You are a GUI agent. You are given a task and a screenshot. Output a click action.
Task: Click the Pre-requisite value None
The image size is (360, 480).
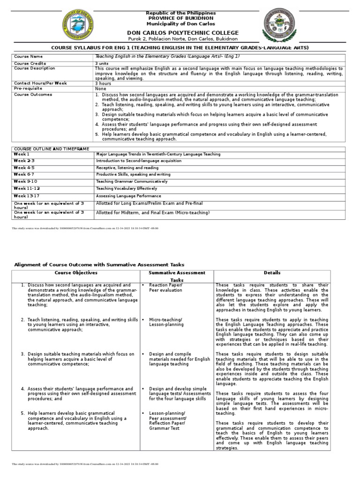click(100, 88)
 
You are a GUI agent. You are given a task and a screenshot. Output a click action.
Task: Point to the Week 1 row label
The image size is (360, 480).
click(22, 154)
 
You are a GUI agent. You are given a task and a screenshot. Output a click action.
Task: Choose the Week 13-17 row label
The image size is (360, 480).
click(27, 195)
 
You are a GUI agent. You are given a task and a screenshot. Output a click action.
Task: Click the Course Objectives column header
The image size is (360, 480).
click(76, 273)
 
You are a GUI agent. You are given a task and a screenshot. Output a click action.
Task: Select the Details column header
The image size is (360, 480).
click(272, 273)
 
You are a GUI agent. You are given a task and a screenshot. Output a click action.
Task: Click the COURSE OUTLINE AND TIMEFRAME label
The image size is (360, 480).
click(51, 148)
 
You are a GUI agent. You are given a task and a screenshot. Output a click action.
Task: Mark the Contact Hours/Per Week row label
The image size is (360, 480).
click(40, 83)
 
